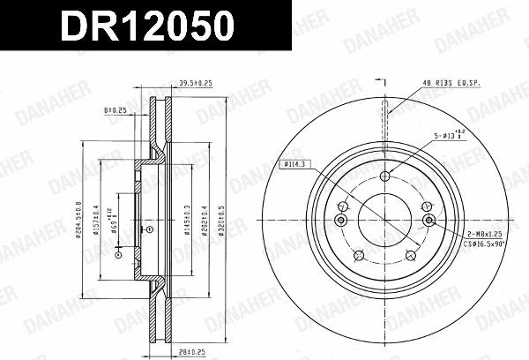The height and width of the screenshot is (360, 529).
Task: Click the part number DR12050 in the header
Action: pyautogui.click(x=146, y=26)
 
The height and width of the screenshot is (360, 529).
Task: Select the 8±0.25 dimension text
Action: pyautogui.click(x=115, y=110)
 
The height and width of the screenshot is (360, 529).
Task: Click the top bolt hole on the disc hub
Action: pyautogui.click(x=385, y=176)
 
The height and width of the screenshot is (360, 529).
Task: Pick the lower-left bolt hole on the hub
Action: pyautogui.click(x=359, y=255)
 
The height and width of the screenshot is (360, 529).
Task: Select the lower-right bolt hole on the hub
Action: pyautogui.click(x=412, y=255)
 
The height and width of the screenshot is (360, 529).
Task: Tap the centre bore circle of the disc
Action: pyautogui.click(x=385, y=221)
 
